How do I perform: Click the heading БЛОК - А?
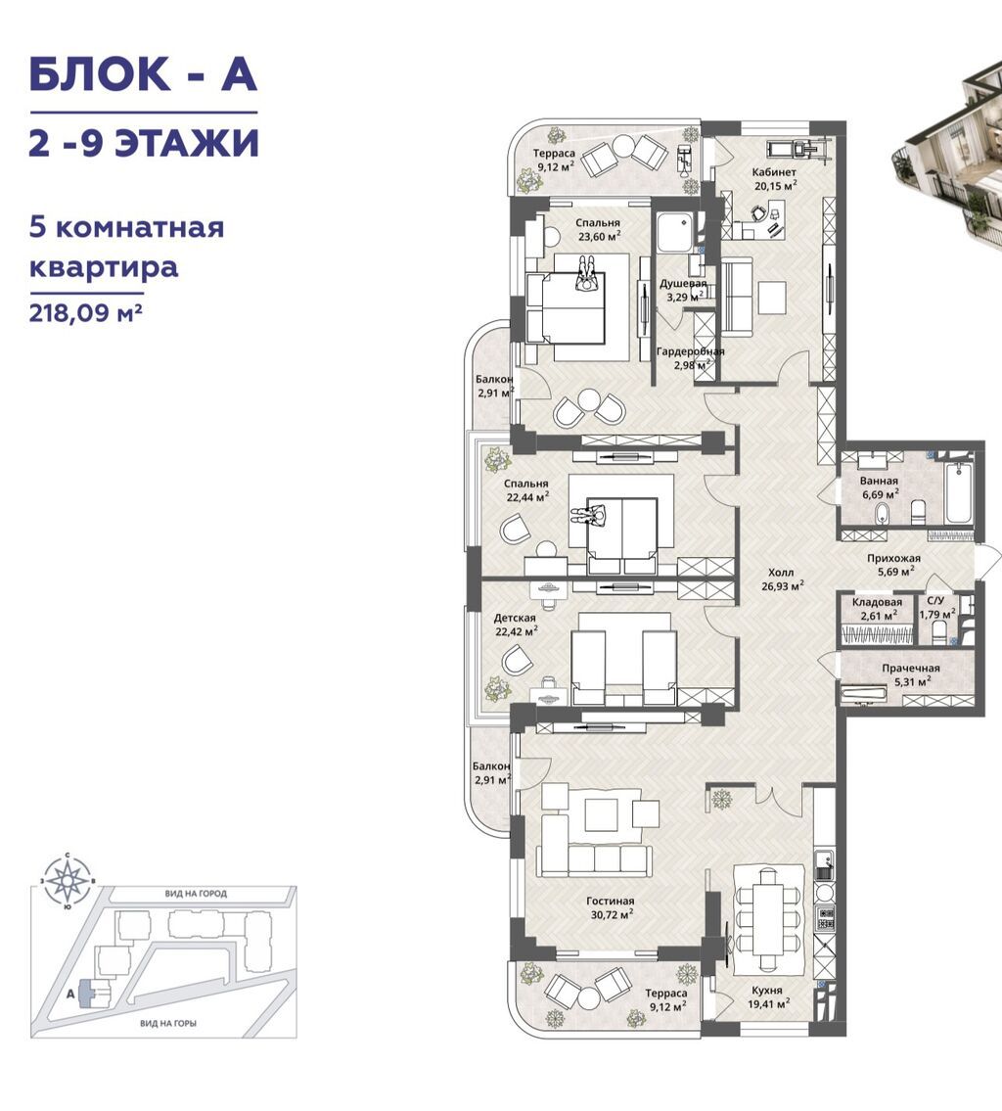click(x=142, y=73)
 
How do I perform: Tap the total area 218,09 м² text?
click(x=86, y=312)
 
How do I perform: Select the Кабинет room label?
click(x=774, y=172)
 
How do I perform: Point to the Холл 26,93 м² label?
click(x=782, y=579)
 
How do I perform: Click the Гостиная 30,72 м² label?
click(x=610, y=907)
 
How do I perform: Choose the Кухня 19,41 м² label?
click(x=767, y=996)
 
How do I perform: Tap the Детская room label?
click(x=515, y=618)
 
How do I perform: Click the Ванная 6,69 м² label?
click(x=880, y=487)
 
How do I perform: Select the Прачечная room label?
click(x=911, y=669)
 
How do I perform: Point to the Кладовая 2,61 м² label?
click(x=877, y=609)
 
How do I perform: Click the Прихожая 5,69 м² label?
click(x=893, y=565)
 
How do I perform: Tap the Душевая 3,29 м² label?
click(x=683, y=290)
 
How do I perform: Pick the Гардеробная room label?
click(x=690, y=351)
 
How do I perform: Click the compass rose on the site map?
click(x=68, y=881)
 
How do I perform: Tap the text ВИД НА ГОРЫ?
click(x=168, y=1023)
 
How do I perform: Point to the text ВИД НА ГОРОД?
click(x=196, y=894)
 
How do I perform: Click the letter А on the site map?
click(x=70, y=994)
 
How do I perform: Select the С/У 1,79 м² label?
click(x=936, y=608)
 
